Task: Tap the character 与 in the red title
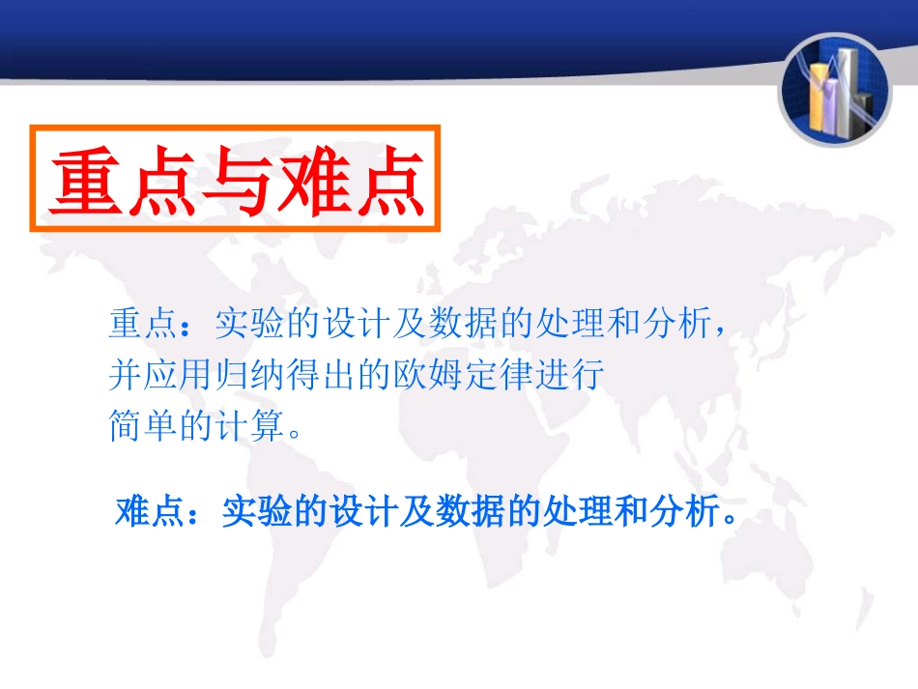point(237,182)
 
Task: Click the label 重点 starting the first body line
point(141,325)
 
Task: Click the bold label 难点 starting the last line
point(148,510)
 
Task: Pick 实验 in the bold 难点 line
point(254,510)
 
